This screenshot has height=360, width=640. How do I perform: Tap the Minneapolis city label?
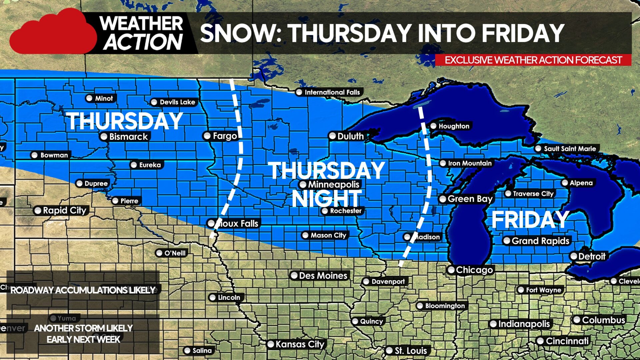(x=333, y=184)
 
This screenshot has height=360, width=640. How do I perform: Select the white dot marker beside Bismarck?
(x=104, y=137)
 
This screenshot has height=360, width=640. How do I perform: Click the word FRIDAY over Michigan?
(x=530, y=220)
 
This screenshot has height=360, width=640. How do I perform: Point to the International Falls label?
(x=332, y=92)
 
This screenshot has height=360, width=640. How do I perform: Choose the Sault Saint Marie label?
(x=570, y=149)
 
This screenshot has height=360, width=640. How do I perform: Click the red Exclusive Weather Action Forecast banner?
(x=533, y=60)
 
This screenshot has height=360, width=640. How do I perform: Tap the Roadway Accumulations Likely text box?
(x=83, y=290)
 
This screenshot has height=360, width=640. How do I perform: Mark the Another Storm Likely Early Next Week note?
(x=83, y=334)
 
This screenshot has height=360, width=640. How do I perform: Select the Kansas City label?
(x=300, y=344)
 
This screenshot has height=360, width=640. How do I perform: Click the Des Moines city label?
(x=323, y=276)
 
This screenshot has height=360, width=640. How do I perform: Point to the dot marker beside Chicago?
(x=451, y=270)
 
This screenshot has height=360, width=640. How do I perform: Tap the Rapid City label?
(x=64, y=210)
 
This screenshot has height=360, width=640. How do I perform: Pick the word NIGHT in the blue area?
(x=326, y=199)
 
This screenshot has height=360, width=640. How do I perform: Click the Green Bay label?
(x=470, y=199)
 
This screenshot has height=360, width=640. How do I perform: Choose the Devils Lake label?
(x=177, y=102)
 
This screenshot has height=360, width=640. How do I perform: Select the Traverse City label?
(x=533, y=194)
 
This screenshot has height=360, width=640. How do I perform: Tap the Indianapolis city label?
(x=524, y=324)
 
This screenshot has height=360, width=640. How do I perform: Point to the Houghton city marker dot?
(x=433, y=126)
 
